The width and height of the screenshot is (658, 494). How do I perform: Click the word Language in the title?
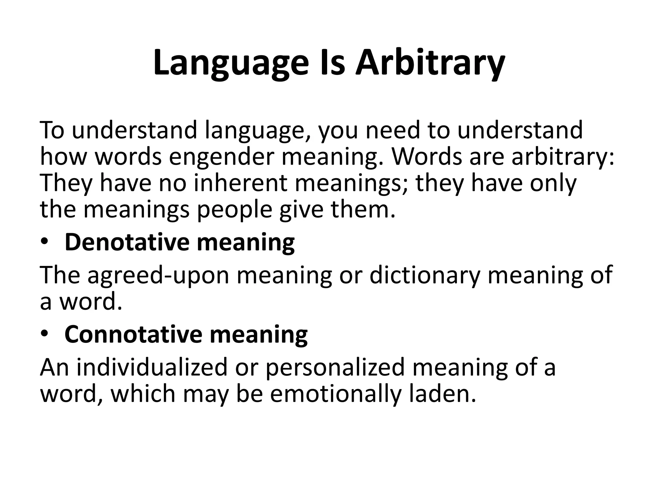click(231, 64)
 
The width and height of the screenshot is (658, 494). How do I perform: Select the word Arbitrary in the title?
click(430, 64)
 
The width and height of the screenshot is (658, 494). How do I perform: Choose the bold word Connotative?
click(133, 334)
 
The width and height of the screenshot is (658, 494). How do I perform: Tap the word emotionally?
click(335, 394)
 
